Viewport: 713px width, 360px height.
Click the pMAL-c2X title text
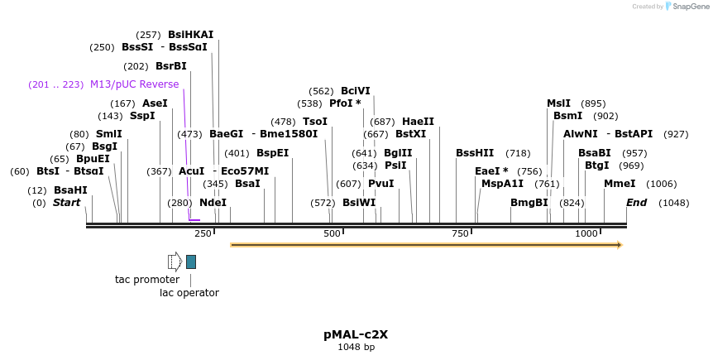pos(356,335)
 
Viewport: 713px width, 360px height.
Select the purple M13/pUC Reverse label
pos(134,84)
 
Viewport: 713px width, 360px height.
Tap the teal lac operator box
pos(191,262)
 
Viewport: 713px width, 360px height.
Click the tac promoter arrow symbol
pos(175,262)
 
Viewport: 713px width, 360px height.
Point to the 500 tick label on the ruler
pos(332,234)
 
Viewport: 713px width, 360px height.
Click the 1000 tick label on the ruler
pos(586,234)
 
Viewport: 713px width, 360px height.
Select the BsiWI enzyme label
pos(359,203)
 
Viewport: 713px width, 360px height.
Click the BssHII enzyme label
pos(475,153)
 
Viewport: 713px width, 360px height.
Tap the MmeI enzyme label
pos(620,184)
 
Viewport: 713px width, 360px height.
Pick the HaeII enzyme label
pos(419,122)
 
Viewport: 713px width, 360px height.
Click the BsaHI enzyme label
pos(70,190)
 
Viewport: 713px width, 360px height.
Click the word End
pos(636,203)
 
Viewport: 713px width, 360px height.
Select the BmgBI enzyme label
pos(529,203)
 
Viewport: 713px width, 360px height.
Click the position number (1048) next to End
pos(673,203)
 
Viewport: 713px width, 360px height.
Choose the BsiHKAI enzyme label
pos(190,35)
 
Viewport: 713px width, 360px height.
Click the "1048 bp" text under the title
pos(356,348)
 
